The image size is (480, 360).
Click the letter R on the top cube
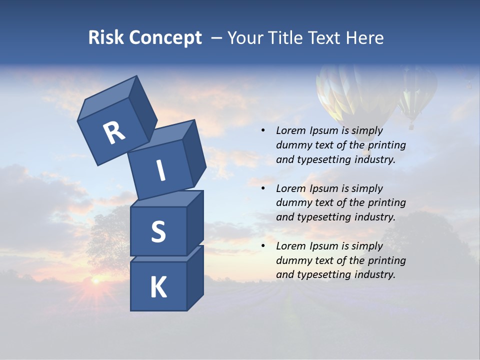(114, 133)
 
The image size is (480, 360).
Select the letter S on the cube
(158, 231)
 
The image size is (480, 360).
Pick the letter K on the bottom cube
(158, 287)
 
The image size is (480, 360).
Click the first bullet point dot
(263, 131)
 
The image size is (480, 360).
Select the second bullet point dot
(263, 188)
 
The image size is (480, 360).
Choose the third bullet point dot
(263, 246)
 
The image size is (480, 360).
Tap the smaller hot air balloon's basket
(411, 126)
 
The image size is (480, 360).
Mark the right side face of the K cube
(195, 277)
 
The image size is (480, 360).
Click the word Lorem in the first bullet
(289, 131)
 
